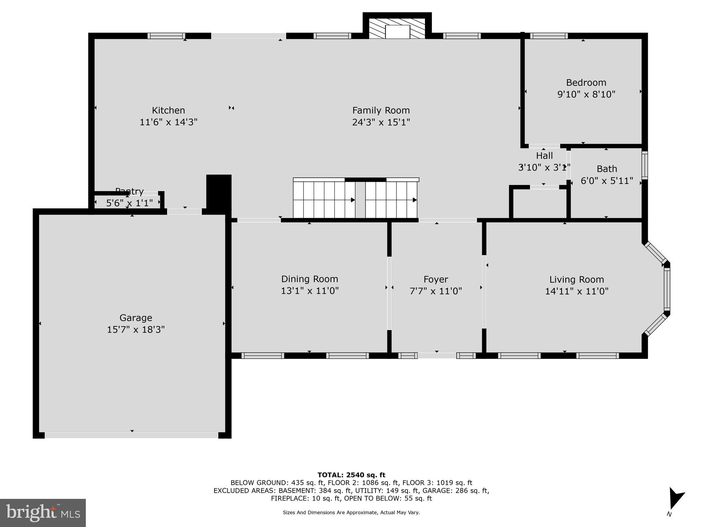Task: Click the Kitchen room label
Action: coord(168,110)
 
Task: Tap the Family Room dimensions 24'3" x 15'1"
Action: coord(381,122)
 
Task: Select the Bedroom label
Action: coord(586,83)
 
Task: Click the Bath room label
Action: coord(607,169)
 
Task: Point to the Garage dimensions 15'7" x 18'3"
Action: coord(136,330)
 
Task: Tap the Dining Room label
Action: coord(310,279)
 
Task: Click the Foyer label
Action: coord(436,279)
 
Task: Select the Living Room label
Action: coord(576,280)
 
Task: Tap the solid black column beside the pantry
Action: coord(219,192)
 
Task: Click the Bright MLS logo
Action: coord(43,513)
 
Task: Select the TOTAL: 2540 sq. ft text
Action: coord(351,475)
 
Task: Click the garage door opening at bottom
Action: coord(131,435)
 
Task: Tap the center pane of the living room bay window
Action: coord(667,289)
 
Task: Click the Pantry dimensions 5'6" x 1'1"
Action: coord(129,203)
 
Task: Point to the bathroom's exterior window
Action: coord(645,165)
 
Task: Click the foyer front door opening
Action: coord(437,355)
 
